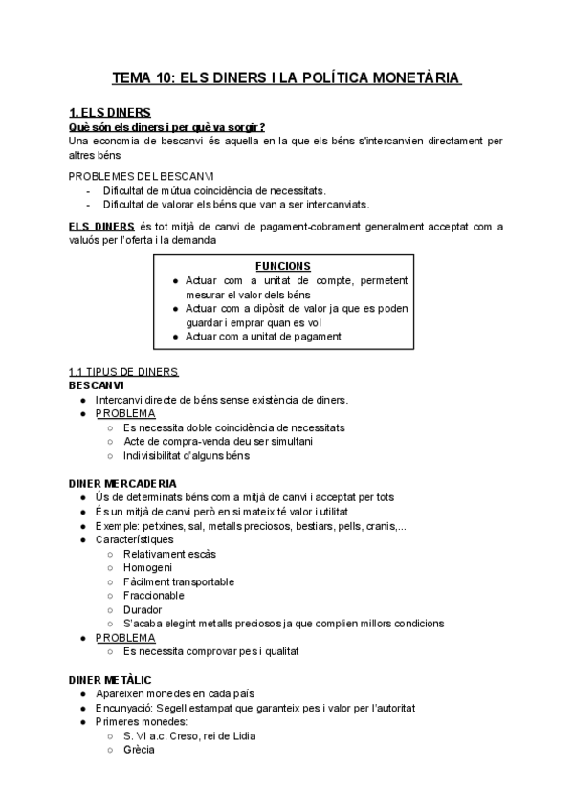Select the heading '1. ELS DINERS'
(x=110, y=113)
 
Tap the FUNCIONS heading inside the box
(x=283, y=266)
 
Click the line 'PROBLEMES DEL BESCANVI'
(x=142, y=176)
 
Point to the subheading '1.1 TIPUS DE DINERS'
(x=123, y=372)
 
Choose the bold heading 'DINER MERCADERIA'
(x=122, y=483)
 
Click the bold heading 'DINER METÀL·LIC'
(x=110, y=679)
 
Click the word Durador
(x=143, y=609)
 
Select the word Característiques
(x=135, y=539)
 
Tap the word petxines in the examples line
(x=166, y=525)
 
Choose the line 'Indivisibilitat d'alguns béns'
(x=186, y=455)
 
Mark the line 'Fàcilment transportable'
(x=179, y=581)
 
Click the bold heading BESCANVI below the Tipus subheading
(x=96, y=384)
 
